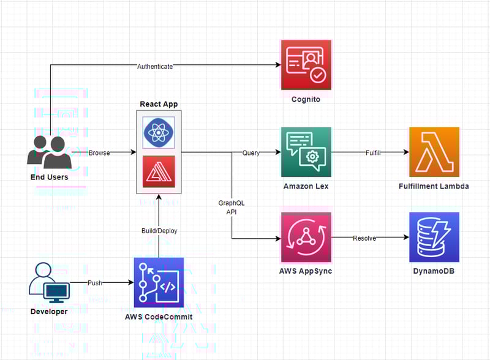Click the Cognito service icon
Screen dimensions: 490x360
(x=306, y=65)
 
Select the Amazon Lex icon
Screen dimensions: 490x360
(x=306, y=152)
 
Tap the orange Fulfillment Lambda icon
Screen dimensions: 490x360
(x=434, y=152)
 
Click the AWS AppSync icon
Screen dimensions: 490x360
(x=306, y=237)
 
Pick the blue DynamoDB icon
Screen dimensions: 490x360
(x=434, y=237)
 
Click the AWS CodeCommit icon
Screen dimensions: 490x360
(x=159, y=282)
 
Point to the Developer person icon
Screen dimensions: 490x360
(x=49, y=283)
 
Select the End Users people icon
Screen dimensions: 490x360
(x=50, y=152)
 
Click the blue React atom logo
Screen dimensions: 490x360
(x=159, y=132)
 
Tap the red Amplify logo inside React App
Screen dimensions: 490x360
(x=159, y=171)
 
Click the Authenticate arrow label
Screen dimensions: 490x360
(x=155, y=67)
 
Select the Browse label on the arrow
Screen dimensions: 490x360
(x=99, y=153)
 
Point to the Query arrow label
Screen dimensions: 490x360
(x=251, y=153)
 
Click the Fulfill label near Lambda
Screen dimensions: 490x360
(x=373, y=153)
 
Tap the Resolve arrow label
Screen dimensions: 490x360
(x=364, y=238)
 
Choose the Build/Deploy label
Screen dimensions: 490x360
(x=159, y=231)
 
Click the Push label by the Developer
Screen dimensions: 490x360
(x=95, y=283)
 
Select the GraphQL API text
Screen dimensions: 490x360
(x=232, y=207)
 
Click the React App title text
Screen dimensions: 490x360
(x=159, y=104)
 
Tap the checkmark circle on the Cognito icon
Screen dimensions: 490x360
(x=318, y=75)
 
